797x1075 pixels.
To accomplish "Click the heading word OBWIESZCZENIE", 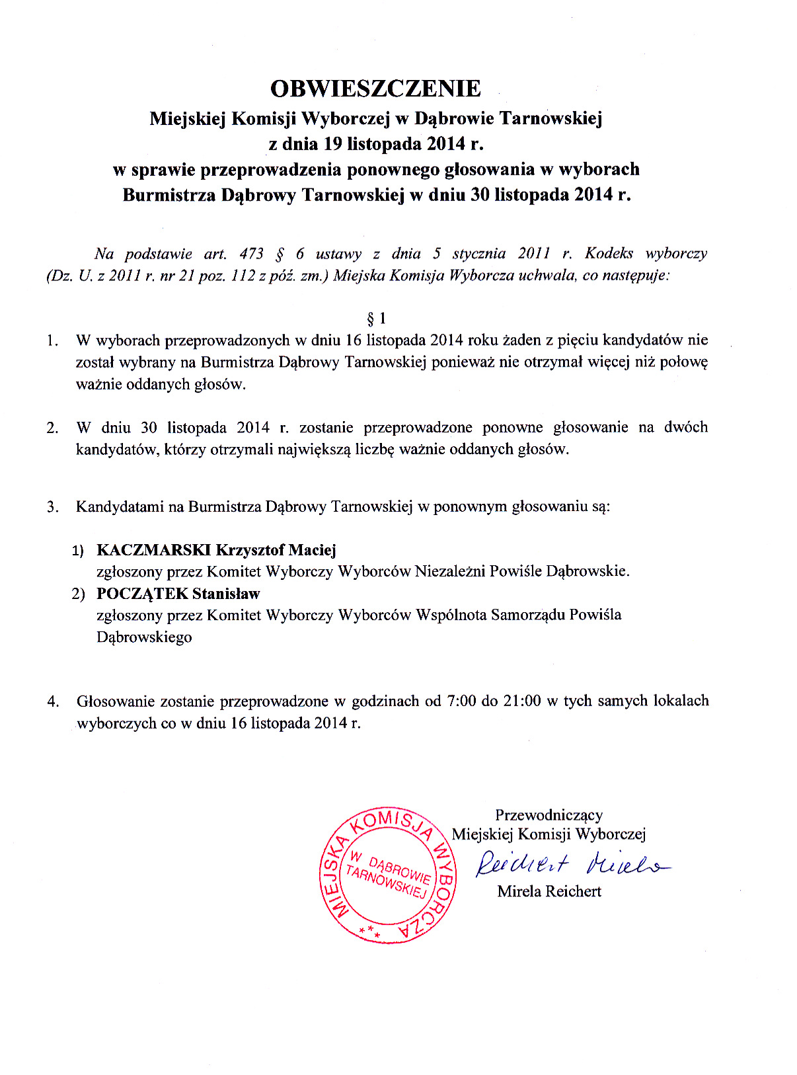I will (x=375, y=89).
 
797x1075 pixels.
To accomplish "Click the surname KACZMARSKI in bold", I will (x=153, y=550).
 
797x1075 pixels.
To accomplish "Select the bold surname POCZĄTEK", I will (x=142, y=594).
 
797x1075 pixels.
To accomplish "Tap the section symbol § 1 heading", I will (x=376, y=319).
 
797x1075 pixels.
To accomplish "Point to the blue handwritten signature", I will (x=572, y=863).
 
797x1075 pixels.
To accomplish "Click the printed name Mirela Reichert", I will (x=549, y=891).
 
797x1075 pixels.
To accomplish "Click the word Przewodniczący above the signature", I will (x=549, y=815).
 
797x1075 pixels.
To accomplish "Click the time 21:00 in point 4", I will (x=522, y=701).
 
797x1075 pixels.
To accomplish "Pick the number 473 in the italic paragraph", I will (x=252, y=254).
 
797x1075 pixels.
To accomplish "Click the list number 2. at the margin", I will (x=52, y=428).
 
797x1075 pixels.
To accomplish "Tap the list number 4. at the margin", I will (x=53, y=701).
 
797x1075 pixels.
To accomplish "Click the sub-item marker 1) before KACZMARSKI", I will (x=78, y=551).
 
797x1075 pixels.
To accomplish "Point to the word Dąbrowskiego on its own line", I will (x=144, y=638).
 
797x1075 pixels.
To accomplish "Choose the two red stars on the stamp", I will (x=369, y=932).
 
